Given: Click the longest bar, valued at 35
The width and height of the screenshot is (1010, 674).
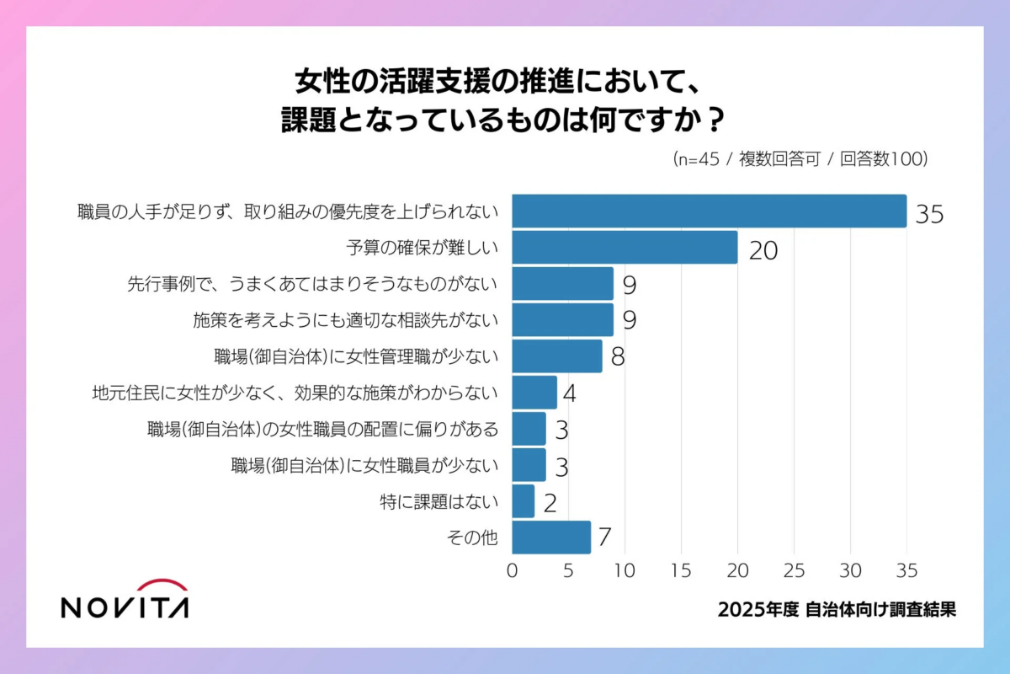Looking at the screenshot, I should [x=709, y=211].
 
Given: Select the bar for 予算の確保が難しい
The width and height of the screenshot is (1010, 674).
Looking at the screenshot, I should [x=625, y=248].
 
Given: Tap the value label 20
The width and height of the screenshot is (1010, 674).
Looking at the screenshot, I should [x=763, y=250].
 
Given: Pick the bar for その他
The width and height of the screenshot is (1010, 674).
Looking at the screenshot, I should [x=551, y=538].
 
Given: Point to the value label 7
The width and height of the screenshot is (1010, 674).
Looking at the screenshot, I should [x=604, y=538].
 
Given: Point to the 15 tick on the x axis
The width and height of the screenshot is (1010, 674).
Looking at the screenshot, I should [x=681, y=570].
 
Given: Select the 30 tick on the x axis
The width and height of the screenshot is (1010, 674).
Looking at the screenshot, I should [x=850, y=570].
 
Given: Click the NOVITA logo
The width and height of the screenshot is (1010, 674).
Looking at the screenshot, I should [x=125, y=599].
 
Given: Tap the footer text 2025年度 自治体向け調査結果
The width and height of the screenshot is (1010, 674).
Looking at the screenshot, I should [x=837, y=610].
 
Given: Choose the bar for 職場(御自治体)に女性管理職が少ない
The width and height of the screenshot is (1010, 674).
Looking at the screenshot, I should [x=557, y=356].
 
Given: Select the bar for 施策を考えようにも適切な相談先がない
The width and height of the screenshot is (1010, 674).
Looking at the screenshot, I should [x=562, y=320].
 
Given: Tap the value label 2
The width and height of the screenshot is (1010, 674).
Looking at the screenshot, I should [x=550, y=503].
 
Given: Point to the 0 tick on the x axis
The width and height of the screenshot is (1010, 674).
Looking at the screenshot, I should [x=512, y=570].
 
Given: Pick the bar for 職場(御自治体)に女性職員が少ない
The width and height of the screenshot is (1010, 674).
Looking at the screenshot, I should [x=529, y=465].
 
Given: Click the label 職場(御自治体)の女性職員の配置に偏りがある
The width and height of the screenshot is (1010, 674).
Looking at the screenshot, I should [x=323, y=429].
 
